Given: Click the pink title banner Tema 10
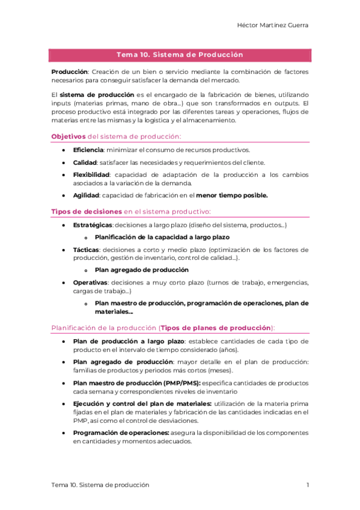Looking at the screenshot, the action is pyautogui.click(x=180, y=55).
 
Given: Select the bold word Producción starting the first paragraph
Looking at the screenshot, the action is pyautogui.click(x=70, y=72).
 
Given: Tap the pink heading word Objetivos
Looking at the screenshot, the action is pyautogui.click(x=68, y=137).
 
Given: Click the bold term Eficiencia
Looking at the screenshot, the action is pyautogui.click(x=88, y=150).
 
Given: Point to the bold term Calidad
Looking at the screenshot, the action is pyautogui.click(x=84, y=162).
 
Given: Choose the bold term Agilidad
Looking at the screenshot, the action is pyautogui.click(x=86, y=195).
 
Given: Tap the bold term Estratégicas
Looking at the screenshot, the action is pyautogui.click(x=93, y=225).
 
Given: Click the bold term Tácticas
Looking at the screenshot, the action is pyautogui.click(x=85, y=249).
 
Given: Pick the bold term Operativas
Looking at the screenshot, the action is pyautogui.click(x=90, y=282).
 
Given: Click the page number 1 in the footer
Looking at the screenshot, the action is pyautogui.click(x=307, y=485).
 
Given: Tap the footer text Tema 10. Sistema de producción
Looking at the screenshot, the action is pyautogui.click(x=100, y=485).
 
